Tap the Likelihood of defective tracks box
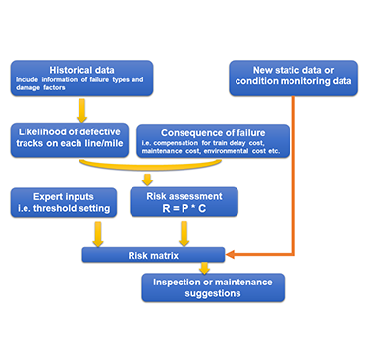pyautogui.click(x=69, y=137)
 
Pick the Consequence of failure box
pyautogui.click(x=214, y=141)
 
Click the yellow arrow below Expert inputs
pyautogui.click(x=97, y=233)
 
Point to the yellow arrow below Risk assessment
pyautogui.click(x=183, y=233)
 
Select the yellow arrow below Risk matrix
pyautogui.click(x=204, y=268)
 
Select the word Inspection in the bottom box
pyautogui.click(x=174, y=280)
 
